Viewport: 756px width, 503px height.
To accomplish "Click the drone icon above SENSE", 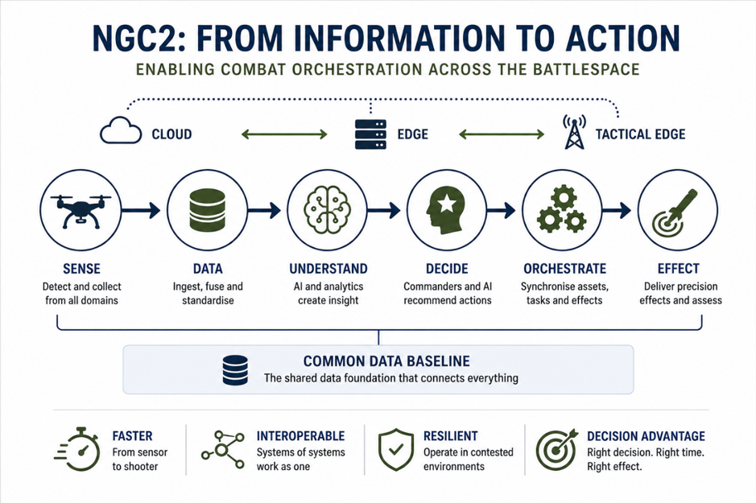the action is (x=81, y=211).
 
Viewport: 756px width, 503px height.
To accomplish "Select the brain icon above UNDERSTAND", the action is (x=328, y=210).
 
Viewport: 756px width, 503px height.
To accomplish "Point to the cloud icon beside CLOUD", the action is (x=121, y=130).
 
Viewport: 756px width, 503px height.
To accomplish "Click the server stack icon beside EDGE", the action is (x=370, y=134).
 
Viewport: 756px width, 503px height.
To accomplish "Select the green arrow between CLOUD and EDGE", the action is (x=284, y=134).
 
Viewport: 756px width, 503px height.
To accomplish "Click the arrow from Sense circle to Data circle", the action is (x=140, y=210).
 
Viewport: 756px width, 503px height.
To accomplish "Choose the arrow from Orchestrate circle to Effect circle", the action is (x=616, y=210).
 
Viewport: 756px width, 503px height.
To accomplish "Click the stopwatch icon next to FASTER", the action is (x=77, y=449).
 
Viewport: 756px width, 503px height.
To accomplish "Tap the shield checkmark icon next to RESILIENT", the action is (x=396, y=449).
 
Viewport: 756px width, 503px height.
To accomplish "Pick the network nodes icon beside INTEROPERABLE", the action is (x=223, y=450).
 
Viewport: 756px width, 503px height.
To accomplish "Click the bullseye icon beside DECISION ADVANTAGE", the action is (x=557, y=449).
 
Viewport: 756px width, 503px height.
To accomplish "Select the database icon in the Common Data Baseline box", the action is (x=235, y=370).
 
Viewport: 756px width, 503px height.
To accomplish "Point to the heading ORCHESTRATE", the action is (x=564, y=268).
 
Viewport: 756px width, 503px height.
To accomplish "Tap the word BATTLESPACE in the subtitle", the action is (x=586, y=69).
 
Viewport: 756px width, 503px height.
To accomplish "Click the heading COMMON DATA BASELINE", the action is (x=386, y=361).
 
